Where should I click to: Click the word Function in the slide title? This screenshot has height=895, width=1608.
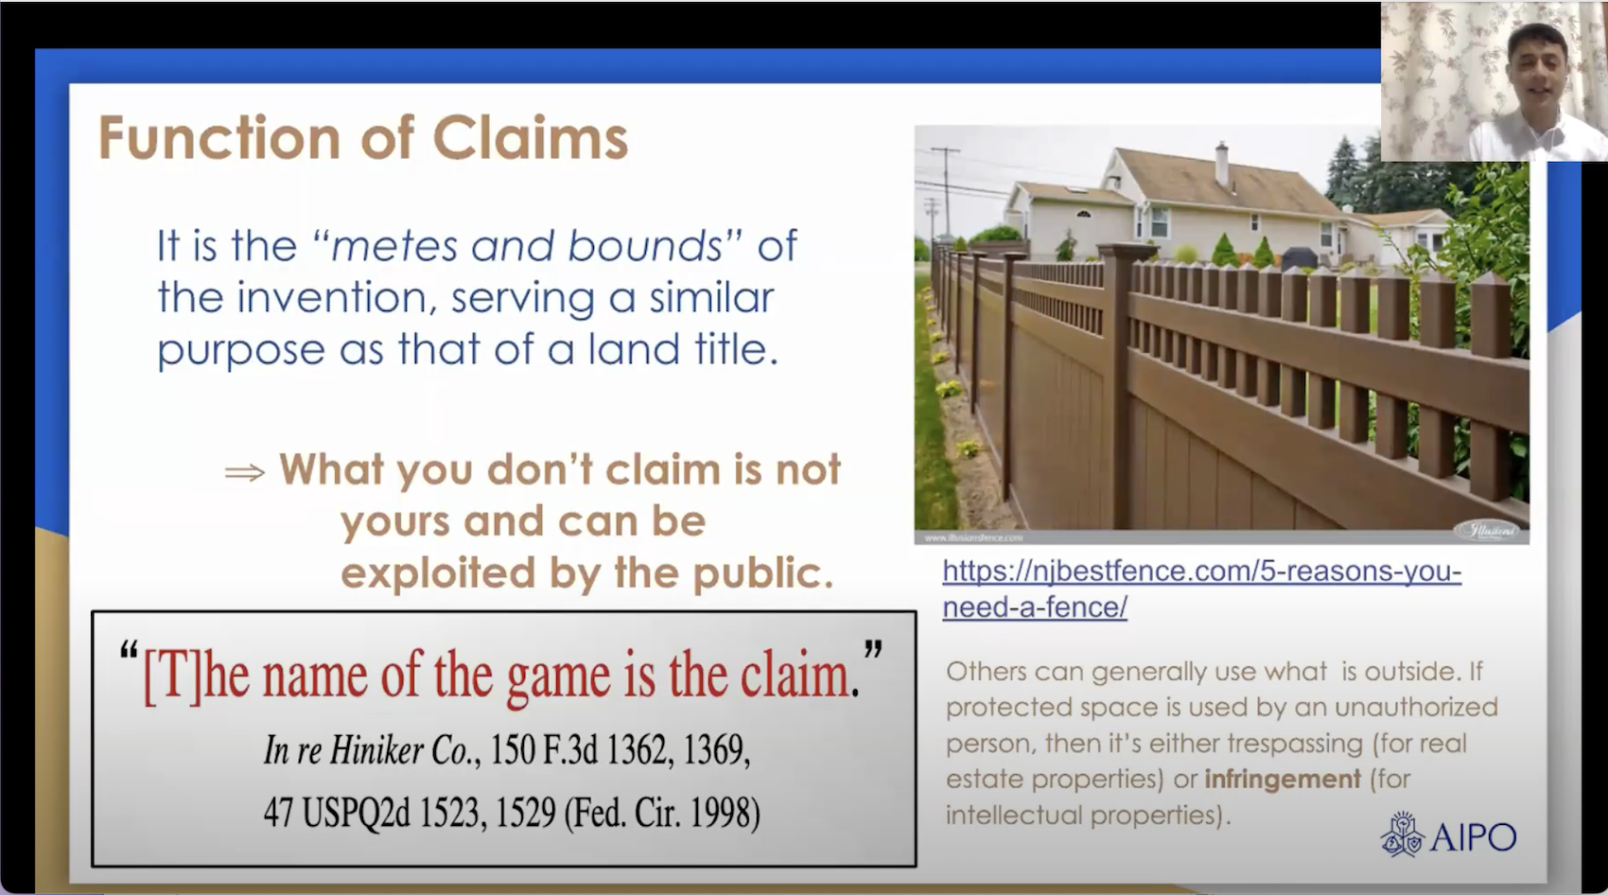(x=219, y=138)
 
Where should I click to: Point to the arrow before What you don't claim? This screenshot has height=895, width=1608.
(x=244, y=472)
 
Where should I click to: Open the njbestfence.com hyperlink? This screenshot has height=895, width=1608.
(x=1201, y=571)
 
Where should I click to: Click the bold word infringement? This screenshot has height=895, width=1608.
(x=1282, y=780)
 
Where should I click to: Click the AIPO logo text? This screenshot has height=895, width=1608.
(x=1474, y=837)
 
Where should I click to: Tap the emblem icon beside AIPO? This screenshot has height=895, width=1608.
(x=1402, y=834)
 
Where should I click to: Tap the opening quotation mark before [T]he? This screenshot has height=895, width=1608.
(x=130, y=653)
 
